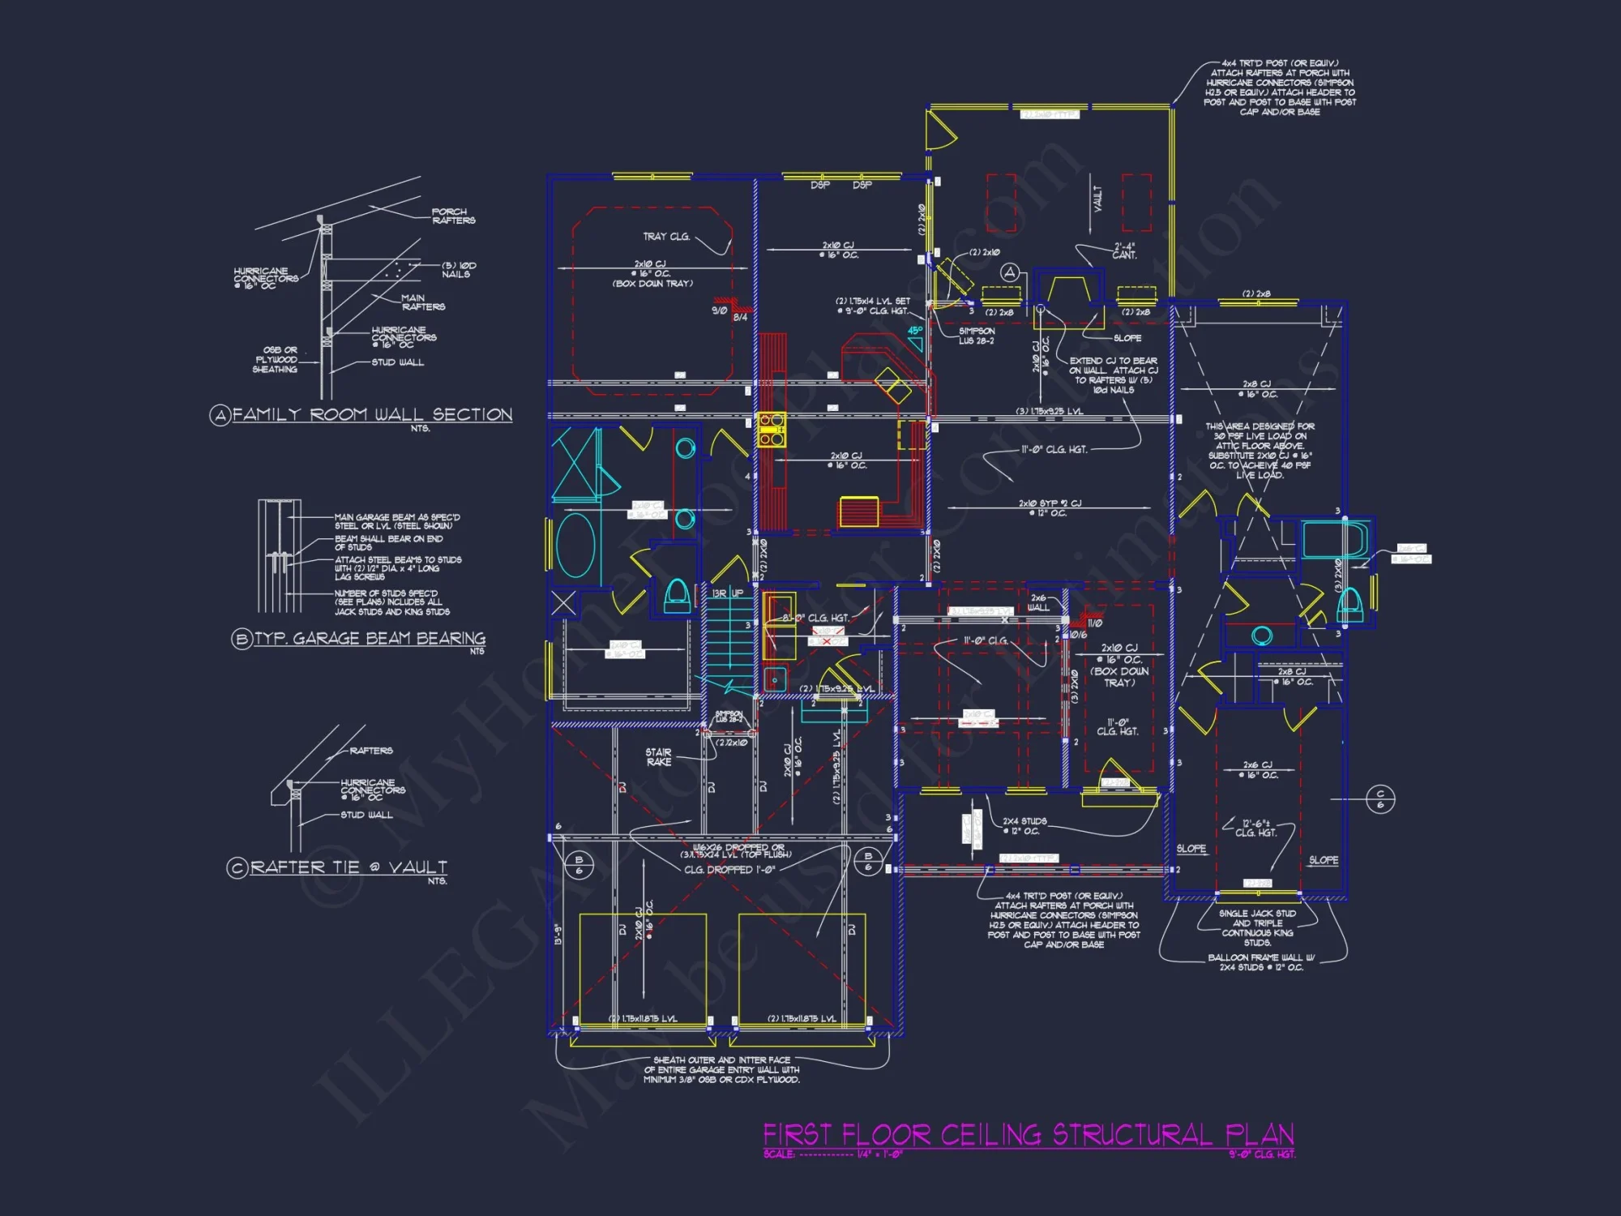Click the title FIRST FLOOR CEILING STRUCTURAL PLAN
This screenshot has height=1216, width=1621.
click(x=1028, y=1134)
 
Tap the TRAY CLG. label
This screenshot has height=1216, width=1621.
click(x=666, y=237)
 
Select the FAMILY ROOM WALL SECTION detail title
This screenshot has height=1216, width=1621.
click(x=372, y=414)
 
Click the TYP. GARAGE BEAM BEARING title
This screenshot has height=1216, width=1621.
click(x=370, y=639)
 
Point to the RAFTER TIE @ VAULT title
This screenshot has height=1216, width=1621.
click(x=348, y=867)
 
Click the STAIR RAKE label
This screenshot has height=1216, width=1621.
click(x=658, y=757)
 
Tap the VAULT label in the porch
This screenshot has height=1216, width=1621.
click(x=1097, y=199)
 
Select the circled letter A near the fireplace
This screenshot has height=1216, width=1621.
click(x=1009, y=272)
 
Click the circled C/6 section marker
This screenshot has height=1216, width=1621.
click(x=1380, y=799)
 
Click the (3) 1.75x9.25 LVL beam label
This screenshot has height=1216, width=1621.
click(x=1049, y=412)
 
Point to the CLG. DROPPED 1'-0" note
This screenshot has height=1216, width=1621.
click(x=729, y=870)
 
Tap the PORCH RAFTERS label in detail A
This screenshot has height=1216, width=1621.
click(x=453, y=216)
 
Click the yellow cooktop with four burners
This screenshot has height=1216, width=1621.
click(x=771, y=430)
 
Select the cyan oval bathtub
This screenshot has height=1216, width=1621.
click(x=575, y=545)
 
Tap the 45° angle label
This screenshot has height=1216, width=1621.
click(x=914, y=331)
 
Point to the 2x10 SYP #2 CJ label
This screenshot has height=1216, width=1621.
click(x=1050, y=507)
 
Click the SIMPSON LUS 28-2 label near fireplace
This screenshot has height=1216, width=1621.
click(x=976, y=336)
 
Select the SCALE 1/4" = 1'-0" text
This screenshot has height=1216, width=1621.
click(x=832, y=1154)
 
